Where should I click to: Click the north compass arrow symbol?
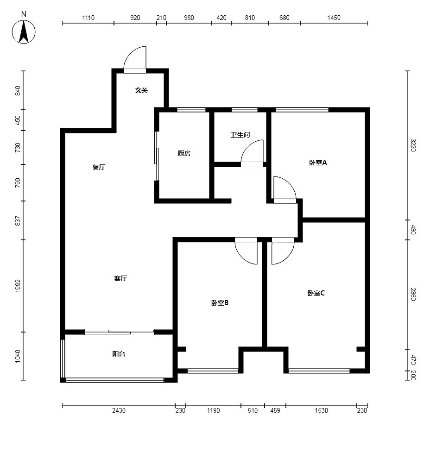click(24, 31)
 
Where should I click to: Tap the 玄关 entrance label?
click(141, 90)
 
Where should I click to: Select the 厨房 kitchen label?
click(184, 153)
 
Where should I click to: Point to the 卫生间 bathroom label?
click(240, 135)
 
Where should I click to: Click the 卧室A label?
click(318, 163)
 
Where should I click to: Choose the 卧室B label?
click(220, 303)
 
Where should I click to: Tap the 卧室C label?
click(316, 294)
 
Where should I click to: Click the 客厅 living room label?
click(120, 278)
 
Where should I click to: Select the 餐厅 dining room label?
click(99, 167)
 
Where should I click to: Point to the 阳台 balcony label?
click(119, 354)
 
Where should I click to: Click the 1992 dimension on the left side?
click(18, 286)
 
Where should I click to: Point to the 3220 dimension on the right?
click(413, 145)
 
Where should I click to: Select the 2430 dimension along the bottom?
click(119, 410)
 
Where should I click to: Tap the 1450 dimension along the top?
click(334, 18)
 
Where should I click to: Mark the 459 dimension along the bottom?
click(275, 410)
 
